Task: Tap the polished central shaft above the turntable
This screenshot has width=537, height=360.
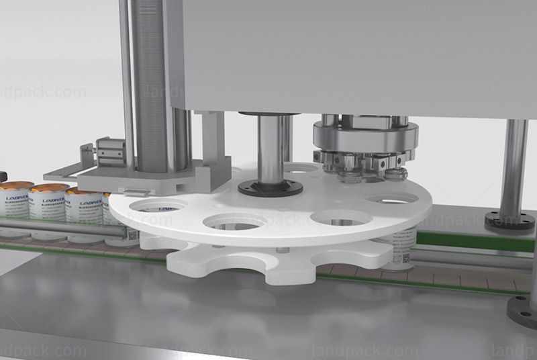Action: [x=270, y=148]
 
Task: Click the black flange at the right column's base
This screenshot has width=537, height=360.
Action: [x=510, y=220]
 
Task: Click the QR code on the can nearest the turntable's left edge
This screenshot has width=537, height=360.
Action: [x=132, y=235]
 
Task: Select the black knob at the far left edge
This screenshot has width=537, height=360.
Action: [x=2, y=176]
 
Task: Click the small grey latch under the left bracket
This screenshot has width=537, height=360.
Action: [x=128, y=190]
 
